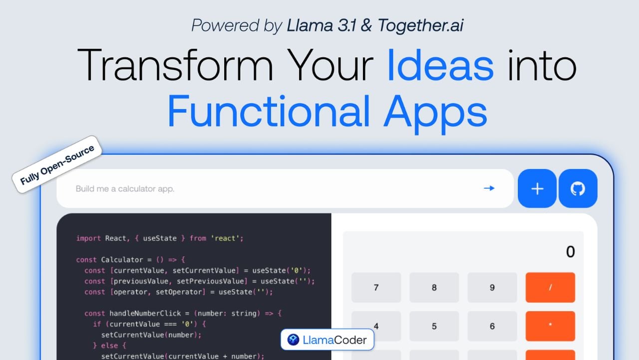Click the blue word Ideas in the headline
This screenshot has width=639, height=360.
440,66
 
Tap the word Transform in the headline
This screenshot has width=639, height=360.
175,66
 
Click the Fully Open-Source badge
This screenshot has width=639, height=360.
57,164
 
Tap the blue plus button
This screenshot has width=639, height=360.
537,188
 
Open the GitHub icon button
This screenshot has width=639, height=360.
578,188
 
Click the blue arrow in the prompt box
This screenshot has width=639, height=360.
489,188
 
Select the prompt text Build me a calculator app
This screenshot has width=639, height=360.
125,189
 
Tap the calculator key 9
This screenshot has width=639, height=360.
492,287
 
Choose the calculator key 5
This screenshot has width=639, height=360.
434,326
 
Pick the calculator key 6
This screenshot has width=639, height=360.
492,326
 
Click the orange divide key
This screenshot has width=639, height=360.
550,287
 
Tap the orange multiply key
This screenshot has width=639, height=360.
550,326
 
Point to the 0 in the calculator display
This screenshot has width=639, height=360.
570,252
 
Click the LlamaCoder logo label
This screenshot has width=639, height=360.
327,341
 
